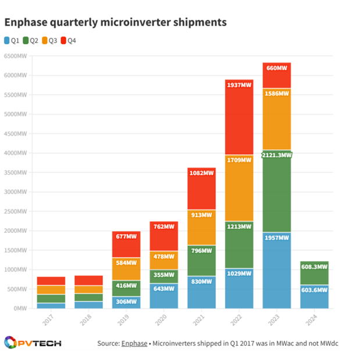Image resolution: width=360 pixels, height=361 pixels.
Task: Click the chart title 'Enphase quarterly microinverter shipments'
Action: tap(115, 22)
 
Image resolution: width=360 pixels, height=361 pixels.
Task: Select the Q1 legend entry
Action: tap(12, 40)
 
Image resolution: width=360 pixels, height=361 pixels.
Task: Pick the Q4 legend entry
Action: tap(69, 40)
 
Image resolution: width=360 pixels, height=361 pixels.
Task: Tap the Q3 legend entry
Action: tap(50, 40)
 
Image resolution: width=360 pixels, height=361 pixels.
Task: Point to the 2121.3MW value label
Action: tap(277, 154)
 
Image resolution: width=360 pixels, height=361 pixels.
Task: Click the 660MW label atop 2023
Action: tap(277, 68)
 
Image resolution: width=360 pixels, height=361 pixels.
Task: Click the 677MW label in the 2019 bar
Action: tap(126, 237)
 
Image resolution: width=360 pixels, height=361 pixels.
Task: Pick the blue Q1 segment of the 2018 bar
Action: tap(88, 305)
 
